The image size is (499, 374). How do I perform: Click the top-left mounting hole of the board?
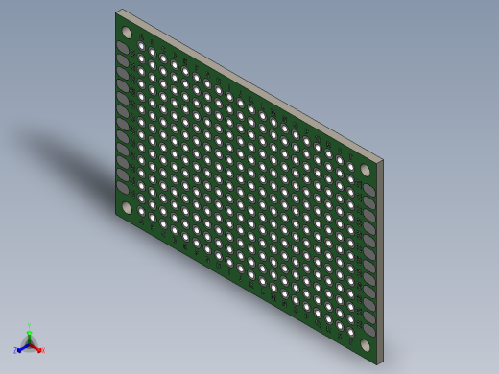tap(126, 32)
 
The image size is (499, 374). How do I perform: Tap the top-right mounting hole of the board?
tap(367, 170)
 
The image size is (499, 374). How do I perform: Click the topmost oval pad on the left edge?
tap(123, 47)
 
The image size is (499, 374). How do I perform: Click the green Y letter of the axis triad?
tap(30, 326)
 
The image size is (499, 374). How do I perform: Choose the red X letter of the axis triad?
tap(42, 351)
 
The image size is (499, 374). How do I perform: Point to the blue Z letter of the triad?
tap(15, 351)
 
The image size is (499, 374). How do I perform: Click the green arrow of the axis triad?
tap(30, 335)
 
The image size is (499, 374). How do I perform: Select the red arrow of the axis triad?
tap(36, 347)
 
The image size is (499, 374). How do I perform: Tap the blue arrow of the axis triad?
tap(21, 347)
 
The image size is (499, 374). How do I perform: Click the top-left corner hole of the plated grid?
tap(141, 45)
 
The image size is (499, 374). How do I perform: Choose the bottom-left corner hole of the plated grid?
tap(141, 211)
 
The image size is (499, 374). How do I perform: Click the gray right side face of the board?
tap(378, 259)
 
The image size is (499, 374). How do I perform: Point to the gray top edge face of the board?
tap(249, 85)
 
